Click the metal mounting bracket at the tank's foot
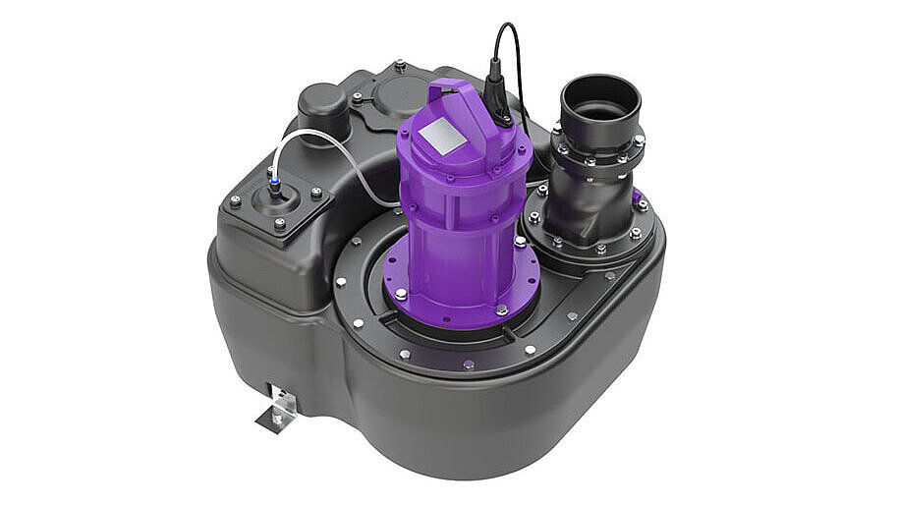click(277, 407)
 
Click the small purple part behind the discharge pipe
click(638, 197)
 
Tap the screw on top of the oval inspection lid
click(400, 67)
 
